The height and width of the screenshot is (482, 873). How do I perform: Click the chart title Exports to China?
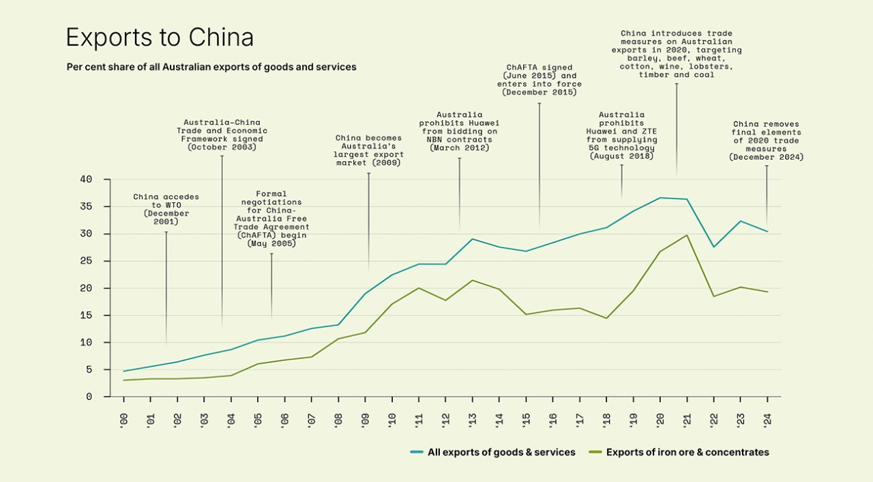(x=160, y=38)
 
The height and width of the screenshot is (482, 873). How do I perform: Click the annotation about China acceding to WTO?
(x=166, y=209)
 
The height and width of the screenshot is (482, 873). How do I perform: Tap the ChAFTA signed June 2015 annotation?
(x=539, y=79)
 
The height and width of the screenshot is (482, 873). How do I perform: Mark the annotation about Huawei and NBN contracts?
(x=459, y=131)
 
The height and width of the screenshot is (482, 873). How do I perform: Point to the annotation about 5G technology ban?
(x=621, y=135)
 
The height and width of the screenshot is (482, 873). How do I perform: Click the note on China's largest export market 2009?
(x=369, y=150)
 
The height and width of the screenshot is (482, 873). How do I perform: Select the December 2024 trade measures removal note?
(x=766, y=141)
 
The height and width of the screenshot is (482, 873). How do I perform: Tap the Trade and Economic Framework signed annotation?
(x=222, y=134)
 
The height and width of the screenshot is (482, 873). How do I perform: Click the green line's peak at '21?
(x=687, y=235)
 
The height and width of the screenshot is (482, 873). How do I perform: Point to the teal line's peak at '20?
(x=660, y=198)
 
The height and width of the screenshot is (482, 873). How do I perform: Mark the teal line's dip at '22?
(x=713, y=246)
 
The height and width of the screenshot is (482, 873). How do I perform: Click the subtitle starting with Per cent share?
(x=211, y=67)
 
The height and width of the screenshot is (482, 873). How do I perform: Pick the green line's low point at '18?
(x=606, y=318)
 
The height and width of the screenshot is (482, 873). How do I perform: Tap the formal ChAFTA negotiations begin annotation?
(x=271, y=218)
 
